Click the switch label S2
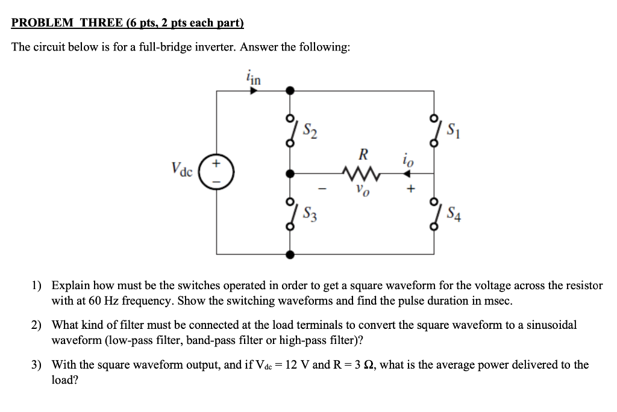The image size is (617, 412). click(311, 128)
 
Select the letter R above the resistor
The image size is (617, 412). click(363, 153)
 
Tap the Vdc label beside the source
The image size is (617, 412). click(181, 169)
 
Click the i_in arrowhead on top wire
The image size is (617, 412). click(254, 91)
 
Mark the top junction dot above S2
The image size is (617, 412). click(290, 91)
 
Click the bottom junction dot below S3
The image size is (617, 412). click(290, 255)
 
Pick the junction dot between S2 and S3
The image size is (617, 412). click(290, 173)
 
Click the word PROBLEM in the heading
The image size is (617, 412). click(41, 23)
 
